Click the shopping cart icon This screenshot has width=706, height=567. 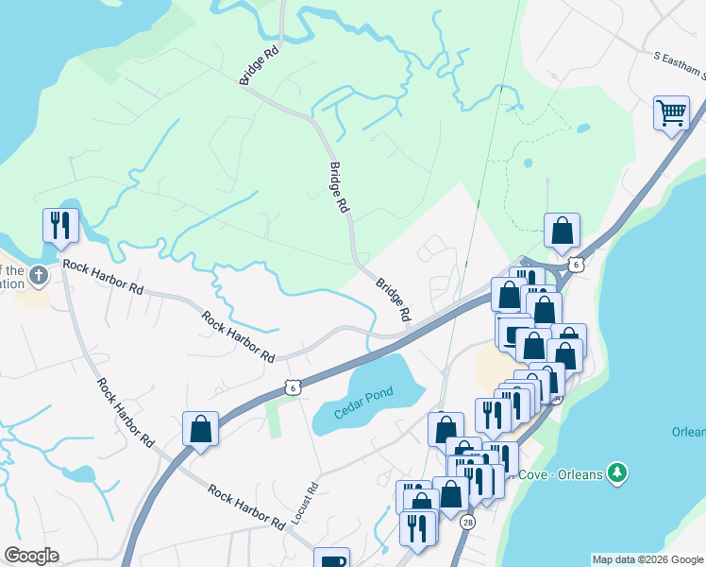tap(671, 113)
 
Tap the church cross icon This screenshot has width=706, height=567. tap(38, 276)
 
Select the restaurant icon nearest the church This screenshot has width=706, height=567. tap(60, 225)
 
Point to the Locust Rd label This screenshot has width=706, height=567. tap(301, 505)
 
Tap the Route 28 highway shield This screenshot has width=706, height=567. tap(468, 522)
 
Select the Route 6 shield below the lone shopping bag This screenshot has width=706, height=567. tap(576, 265)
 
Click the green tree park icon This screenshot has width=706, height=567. tap(617, 471)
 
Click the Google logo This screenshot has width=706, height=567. tap(31, 556)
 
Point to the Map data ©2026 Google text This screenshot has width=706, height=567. tap(647, 559)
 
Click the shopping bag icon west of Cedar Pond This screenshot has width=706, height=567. tap(200, 428)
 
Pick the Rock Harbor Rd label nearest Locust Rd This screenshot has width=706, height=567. tap(246, 507)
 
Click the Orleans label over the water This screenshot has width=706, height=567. tap(688, 432)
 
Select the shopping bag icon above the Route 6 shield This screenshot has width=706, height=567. tap(562, 230)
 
